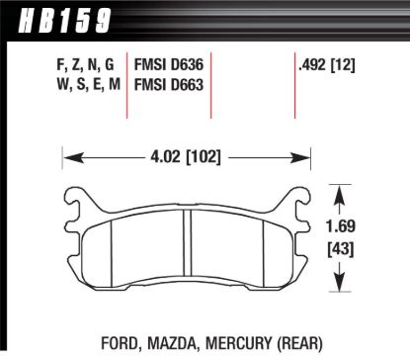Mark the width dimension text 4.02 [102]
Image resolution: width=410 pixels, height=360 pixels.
coord(186,155)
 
